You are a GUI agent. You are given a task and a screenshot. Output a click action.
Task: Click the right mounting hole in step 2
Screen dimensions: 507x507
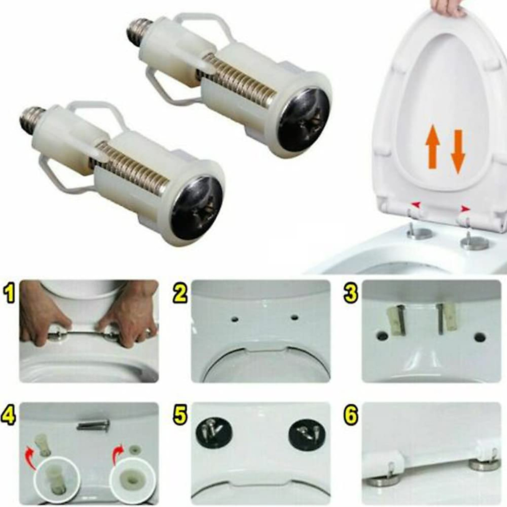(293, 316)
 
